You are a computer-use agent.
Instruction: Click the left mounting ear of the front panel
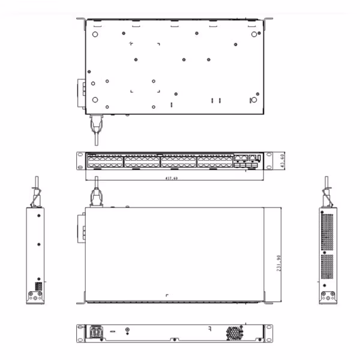pyautogui.click(x=81, y=161)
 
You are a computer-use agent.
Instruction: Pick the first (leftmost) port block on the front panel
pyautogui.click(x=104, y=161)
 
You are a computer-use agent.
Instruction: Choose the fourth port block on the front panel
pyautogui.click(x=214, y=161)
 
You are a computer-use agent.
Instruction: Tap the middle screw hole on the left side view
pyautogui.click(x=38, y=244)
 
